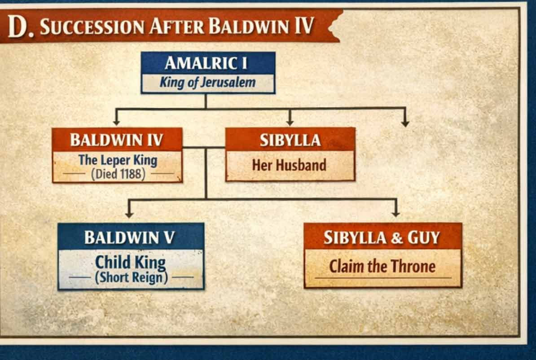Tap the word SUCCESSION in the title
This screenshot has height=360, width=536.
pos(93,27)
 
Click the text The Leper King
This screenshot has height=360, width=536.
pos(118,160)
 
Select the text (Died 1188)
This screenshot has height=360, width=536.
pos(118,174)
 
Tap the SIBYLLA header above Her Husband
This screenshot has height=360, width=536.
pos(290,140)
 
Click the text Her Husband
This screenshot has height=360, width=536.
pos(289,165)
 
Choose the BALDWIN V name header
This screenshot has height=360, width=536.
pos(130,237)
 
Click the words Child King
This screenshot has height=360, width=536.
pos(130,262)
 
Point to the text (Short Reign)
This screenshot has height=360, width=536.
pos(131,278)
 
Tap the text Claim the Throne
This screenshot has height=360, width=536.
pos(382,267)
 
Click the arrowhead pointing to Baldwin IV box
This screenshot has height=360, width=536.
pos(116,122)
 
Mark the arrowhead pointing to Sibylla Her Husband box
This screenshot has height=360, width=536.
pos(290,122)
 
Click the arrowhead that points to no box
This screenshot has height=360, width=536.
pos(405,123)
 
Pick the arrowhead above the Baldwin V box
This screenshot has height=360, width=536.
pos(129,214)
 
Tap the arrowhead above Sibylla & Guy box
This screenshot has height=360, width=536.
pos(395,213)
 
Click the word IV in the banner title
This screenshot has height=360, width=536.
pos(303,27)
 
